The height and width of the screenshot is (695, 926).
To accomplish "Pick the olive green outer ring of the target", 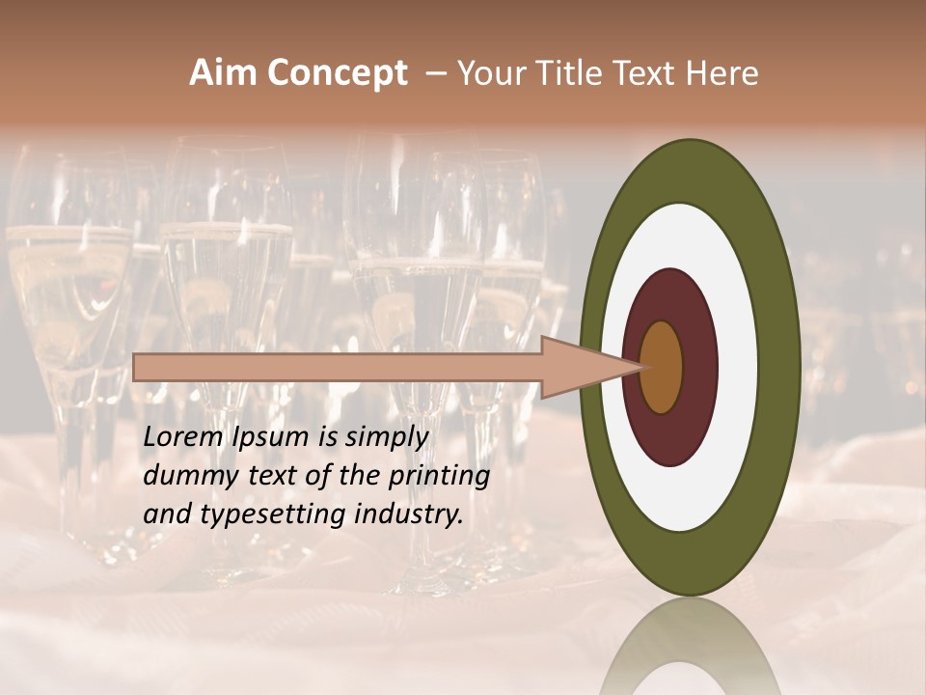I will coord(781,367).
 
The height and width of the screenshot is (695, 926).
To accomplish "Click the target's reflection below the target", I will coord(690,647).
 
